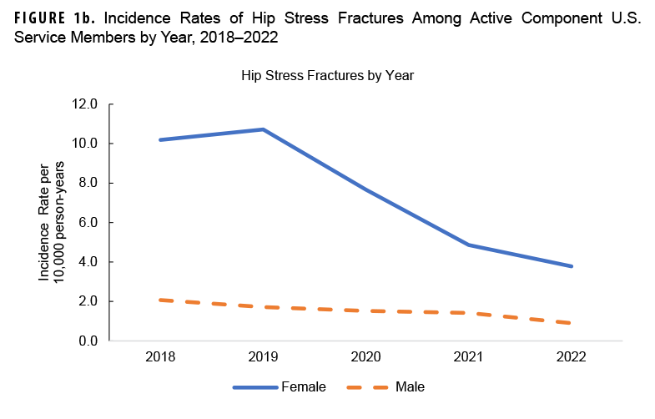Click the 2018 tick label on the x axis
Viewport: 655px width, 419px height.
[x=160, y=356]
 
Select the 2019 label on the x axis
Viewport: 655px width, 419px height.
[x=263, y=356]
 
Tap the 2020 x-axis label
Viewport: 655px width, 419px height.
[x=365, y=356]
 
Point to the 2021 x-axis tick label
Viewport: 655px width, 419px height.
[x=468, y=356]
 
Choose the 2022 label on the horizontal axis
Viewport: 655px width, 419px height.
[x=571, y=356]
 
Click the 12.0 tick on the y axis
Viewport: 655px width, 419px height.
[x=85, y=104]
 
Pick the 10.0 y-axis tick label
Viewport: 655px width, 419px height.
[x=85, y=144]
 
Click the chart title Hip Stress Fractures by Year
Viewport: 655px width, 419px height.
[x=328, y=74]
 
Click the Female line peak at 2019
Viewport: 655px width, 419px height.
[x=263, y=129]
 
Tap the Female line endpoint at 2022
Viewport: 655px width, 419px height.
[x=571, y=266]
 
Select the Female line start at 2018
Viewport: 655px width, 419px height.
[x=160, y=139]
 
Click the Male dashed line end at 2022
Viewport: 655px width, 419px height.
[x=571, y=323]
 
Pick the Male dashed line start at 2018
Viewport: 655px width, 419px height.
[x=160, y=300]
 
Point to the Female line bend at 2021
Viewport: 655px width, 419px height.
[x=468, y=245]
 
